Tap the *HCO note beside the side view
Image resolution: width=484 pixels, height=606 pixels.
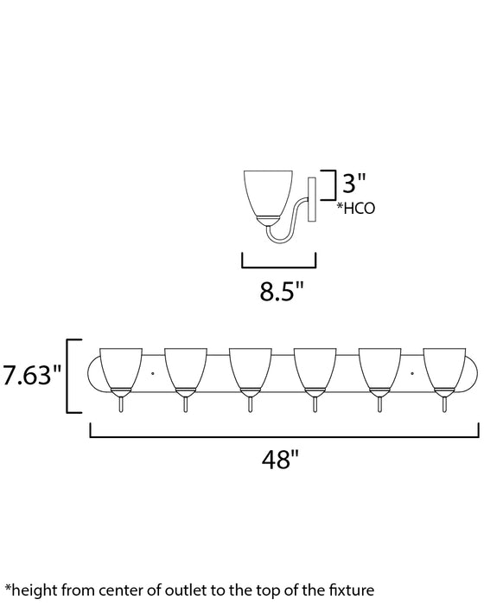click(356, 208)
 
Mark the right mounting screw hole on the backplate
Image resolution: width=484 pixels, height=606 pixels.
click(413, 373)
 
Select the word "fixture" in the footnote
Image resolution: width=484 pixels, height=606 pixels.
click(351, 591)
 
